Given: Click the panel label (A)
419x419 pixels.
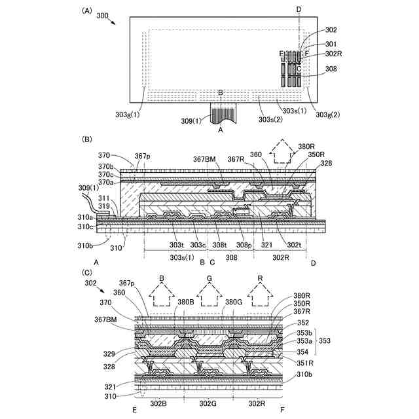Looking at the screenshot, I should click(86, 11).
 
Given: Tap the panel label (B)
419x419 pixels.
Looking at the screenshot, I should click(86, 139).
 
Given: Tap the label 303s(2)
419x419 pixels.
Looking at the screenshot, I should click(270, 119).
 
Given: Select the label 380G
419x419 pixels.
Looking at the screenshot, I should click(234, 302).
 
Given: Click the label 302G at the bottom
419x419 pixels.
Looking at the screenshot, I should click(209, 405).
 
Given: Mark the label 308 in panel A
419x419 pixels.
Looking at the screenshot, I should click(331, 68).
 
